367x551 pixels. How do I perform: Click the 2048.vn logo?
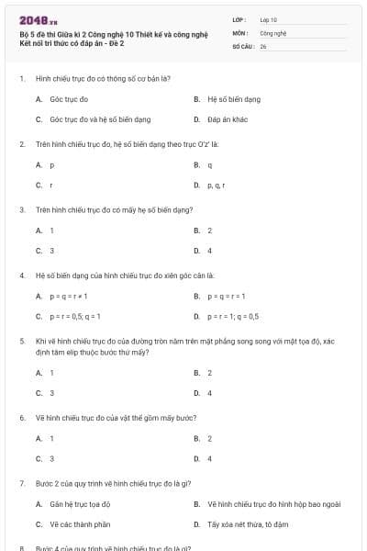(x=39, y=19)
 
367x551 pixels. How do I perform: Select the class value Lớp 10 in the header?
(x=268, y=18)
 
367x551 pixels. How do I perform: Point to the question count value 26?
(x=263, y=45)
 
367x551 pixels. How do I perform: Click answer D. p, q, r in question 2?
(x=216, y=186)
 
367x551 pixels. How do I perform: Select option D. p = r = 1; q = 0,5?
(x=232, y=316)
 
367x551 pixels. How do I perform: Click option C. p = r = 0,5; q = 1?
(x=72, y=316)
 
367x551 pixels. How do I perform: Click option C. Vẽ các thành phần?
(x=78, y=524)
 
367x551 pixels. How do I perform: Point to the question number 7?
(x=21, y=482)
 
